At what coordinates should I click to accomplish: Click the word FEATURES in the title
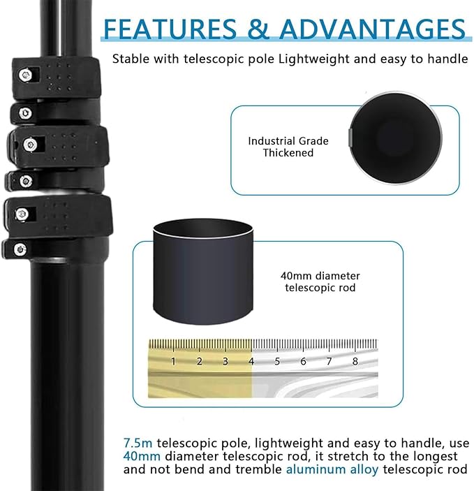coord(170,29)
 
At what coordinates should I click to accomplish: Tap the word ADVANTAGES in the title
coord(372,29)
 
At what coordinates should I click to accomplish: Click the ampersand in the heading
coord(258,29)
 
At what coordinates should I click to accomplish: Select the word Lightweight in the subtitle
coord(314,59)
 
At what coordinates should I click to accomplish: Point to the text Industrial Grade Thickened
coord(288,147)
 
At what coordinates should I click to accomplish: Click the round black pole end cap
coord(395,138)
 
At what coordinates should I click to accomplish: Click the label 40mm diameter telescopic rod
coord(320,281)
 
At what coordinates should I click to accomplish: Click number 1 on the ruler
coord(173,361)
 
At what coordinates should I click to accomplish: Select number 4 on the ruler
coord(251,361)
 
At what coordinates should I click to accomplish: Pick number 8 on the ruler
coord(355,361)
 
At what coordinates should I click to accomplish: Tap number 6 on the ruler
coord(303,361)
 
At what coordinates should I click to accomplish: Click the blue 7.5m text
coord(138,443)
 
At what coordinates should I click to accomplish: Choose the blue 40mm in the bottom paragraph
coord(142,456)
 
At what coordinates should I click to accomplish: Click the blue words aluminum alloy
coord(332,469)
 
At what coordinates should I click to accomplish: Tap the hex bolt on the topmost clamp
coord(25,75)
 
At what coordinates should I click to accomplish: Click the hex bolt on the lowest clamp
coord(20,249)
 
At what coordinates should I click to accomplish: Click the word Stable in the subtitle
coord(131,59)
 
